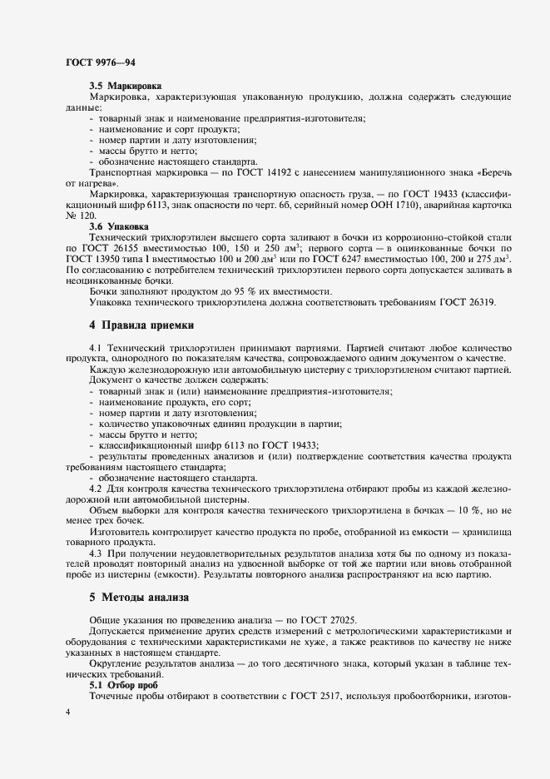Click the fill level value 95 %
click(x=230, y=291)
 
